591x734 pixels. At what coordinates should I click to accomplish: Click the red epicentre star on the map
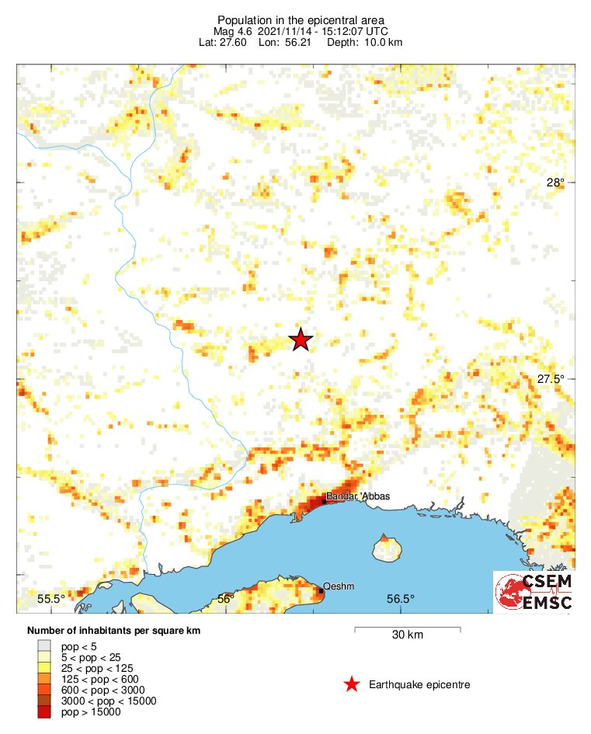(301, 339)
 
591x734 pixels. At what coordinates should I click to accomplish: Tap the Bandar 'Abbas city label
(357, 496)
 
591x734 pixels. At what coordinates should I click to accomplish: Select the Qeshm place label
(339, 587)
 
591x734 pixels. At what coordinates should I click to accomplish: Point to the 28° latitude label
(555, 183)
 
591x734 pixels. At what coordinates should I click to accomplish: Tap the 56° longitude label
(225, 598)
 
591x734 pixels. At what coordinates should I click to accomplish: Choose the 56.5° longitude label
(400, 598)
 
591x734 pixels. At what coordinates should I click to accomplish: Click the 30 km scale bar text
(407, 635)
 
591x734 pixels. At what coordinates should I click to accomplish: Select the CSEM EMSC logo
(534, 593)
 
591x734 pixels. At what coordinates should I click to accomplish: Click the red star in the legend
(352, 684)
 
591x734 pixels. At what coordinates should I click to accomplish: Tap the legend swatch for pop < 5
(44, 645)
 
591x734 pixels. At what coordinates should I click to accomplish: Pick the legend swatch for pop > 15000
(44, 711)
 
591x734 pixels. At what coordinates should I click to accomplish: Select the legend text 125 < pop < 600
(101, 679)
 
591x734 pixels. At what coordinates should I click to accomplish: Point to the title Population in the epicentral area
(301, 20)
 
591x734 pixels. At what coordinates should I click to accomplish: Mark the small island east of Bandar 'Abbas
(386, 548)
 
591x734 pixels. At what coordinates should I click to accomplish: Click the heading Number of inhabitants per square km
(113, 630)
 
